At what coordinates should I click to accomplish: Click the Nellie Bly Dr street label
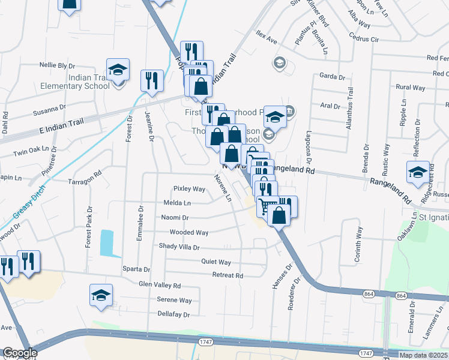(x=57, y=65)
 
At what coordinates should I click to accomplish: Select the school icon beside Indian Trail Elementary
(x=118, y=70)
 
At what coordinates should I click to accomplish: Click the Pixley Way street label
(x=189, y=188)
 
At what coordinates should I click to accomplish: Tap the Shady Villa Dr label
(x=179, y=247)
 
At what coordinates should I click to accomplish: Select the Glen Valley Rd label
(x=160, y=285)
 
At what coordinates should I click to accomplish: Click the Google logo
(x=20, y=353)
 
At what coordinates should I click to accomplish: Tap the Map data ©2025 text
(x=423, y=355)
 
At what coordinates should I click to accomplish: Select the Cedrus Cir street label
(x=367, y=40)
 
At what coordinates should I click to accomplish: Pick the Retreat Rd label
(x=228, y=275)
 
